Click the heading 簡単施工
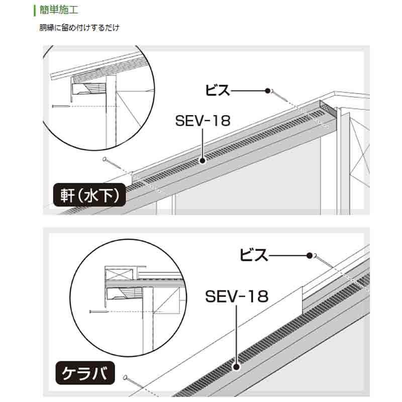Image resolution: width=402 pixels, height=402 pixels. [59, 10]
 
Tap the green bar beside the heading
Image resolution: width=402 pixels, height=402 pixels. [34, 10]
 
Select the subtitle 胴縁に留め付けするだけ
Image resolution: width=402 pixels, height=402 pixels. [79, 28]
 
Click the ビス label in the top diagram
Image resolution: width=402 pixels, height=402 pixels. [217, 90]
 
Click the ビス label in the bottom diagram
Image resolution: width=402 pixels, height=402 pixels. [254, 255]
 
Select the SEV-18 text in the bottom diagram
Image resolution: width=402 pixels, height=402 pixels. [237, 296]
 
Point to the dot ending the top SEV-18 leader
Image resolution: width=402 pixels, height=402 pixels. [202, 161]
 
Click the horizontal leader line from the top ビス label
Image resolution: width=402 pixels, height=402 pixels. [248, 91]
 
